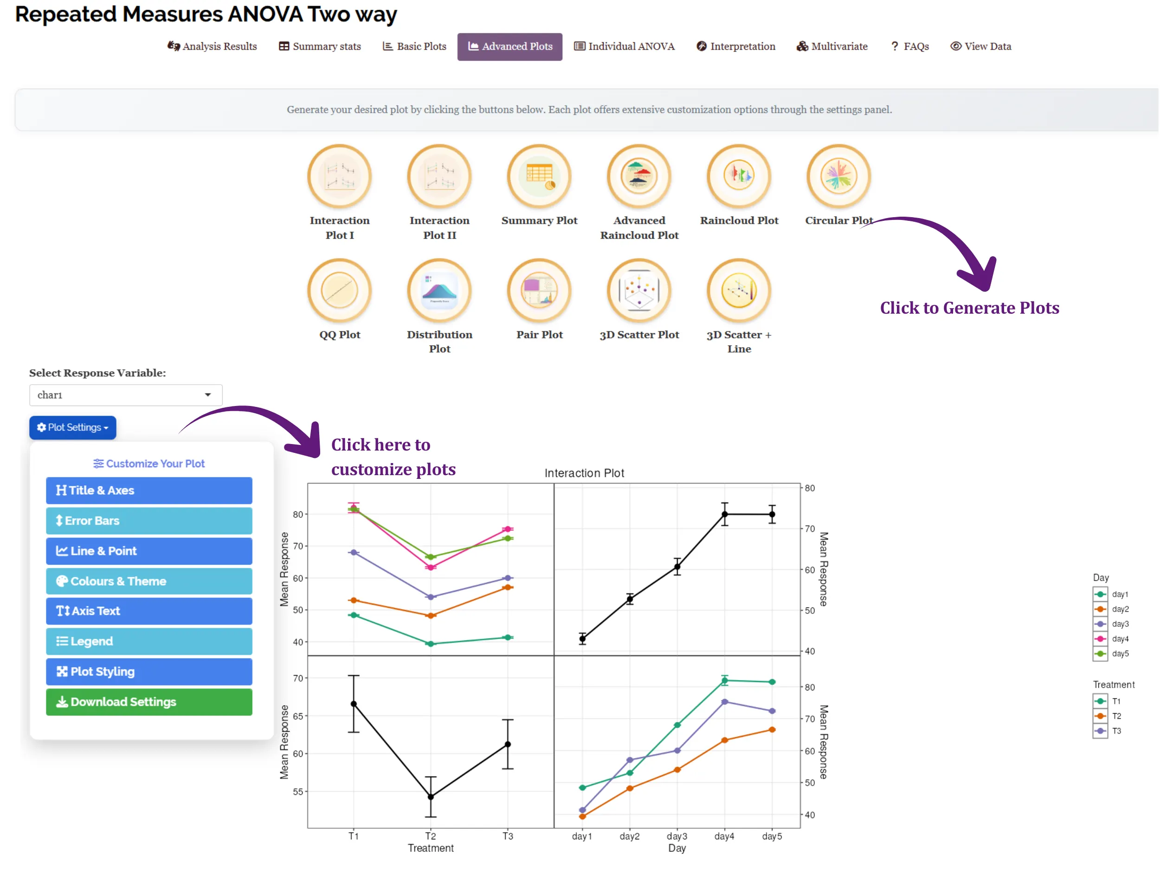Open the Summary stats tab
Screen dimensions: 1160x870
(320, 46)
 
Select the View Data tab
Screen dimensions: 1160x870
(980, 46)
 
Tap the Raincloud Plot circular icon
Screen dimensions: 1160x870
(739, 176)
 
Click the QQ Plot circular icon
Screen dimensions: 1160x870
(339, 290)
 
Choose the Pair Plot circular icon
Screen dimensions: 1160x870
(539, 290)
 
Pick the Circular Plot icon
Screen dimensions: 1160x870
(838, 176)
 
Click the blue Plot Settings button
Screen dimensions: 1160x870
(73, 427)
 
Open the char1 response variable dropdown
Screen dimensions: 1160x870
(126, 395)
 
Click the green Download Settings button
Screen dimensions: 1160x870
(149, 702)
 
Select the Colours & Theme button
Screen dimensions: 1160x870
(149, 581)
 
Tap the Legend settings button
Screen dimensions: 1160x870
(149, 641)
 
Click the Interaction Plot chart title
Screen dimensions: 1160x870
(584, 473)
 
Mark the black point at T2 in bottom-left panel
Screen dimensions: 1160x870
(431, 797)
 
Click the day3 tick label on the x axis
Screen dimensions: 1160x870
(677, 836)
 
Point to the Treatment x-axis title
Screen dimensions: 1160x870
(431, 848)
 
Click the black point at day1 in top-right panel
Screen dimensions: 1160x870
(582, 639)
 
